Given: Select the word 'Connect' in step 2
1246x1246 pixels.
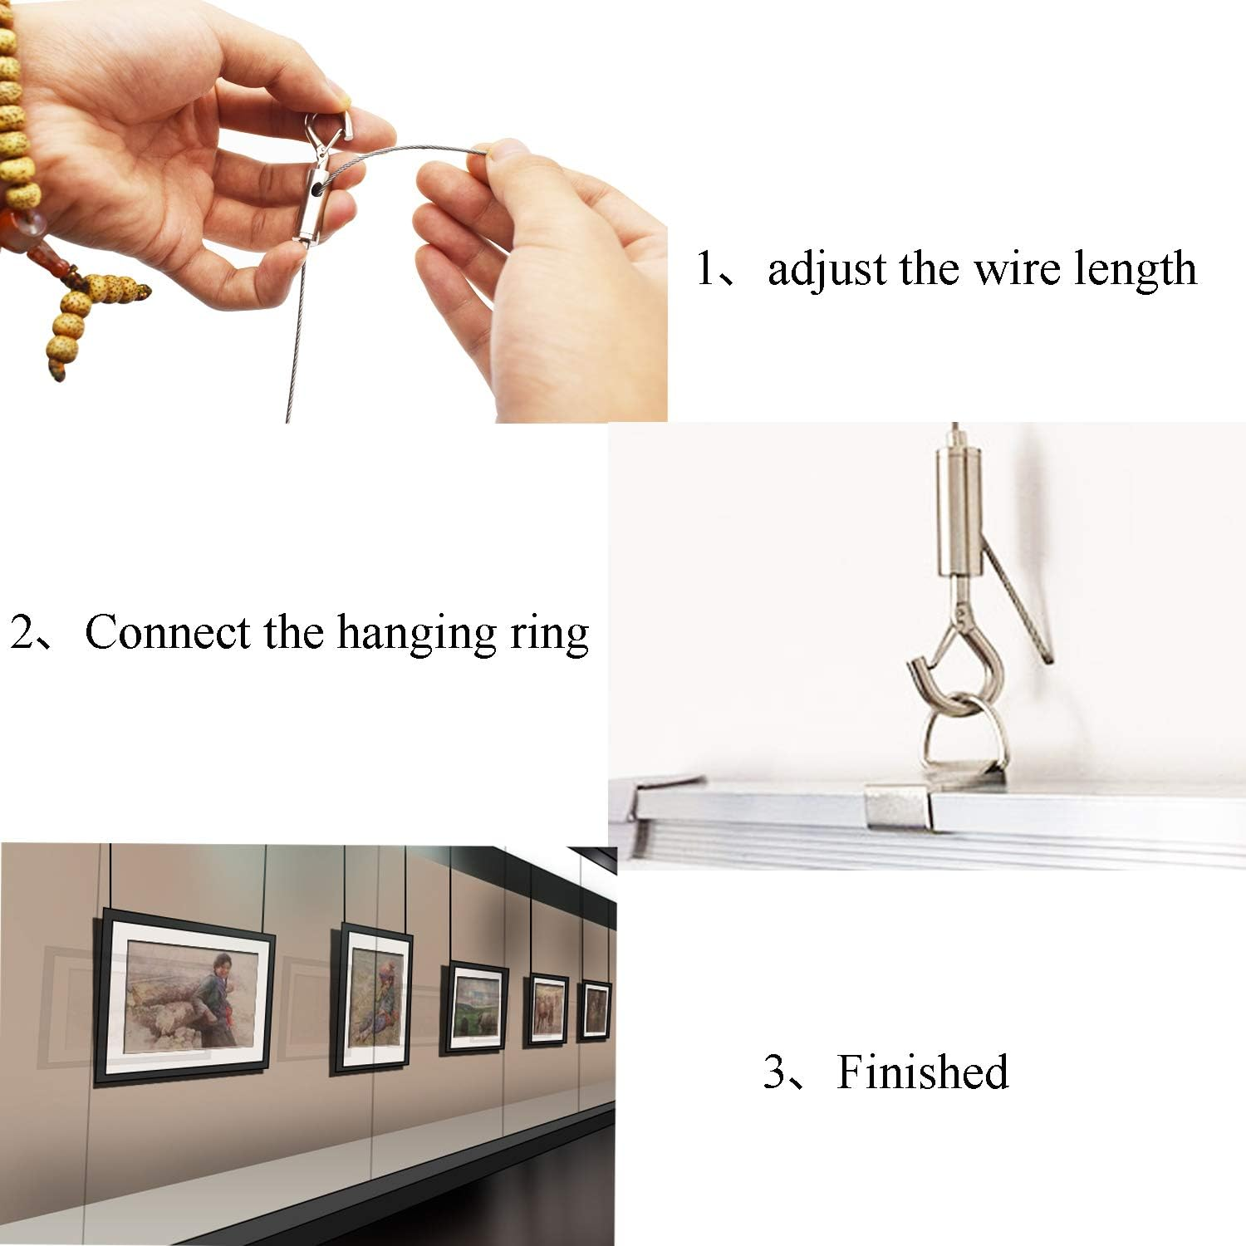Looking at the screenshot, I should click(x=167, y=632).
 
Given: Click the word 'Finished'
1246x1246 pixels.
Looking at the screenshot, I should click(x=922, y=1072).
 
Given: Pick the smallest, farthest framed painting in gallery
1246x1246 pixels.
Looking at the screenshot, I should click(x=594, y=1010).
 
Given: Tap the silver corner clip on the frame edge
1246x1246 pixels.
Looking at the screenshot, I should click(x=897, y=807).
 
